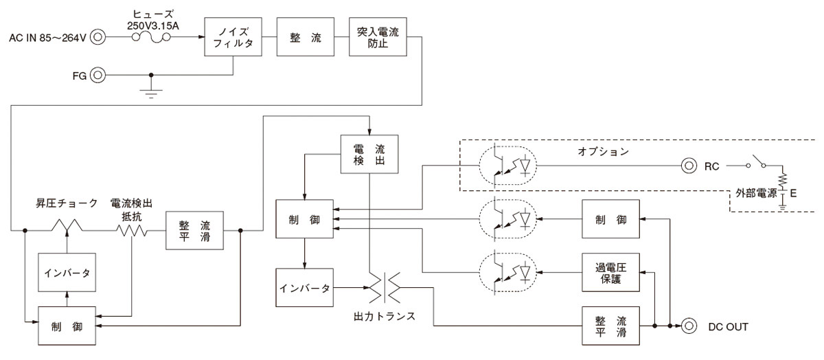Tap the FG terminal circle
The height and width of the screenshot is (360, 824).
[98, 74]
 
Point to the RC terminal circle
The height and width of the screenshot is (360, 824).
[687, 166]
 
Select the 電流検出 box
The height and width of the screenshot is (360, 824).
[369, 154]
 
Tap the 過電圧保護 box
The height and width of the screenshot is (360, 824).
[610, 272]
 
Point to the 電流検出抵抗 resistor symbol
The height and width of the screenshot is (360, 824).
[130, 229]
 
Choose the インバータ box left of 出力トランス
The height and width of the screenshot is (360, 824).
[304, 287]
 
